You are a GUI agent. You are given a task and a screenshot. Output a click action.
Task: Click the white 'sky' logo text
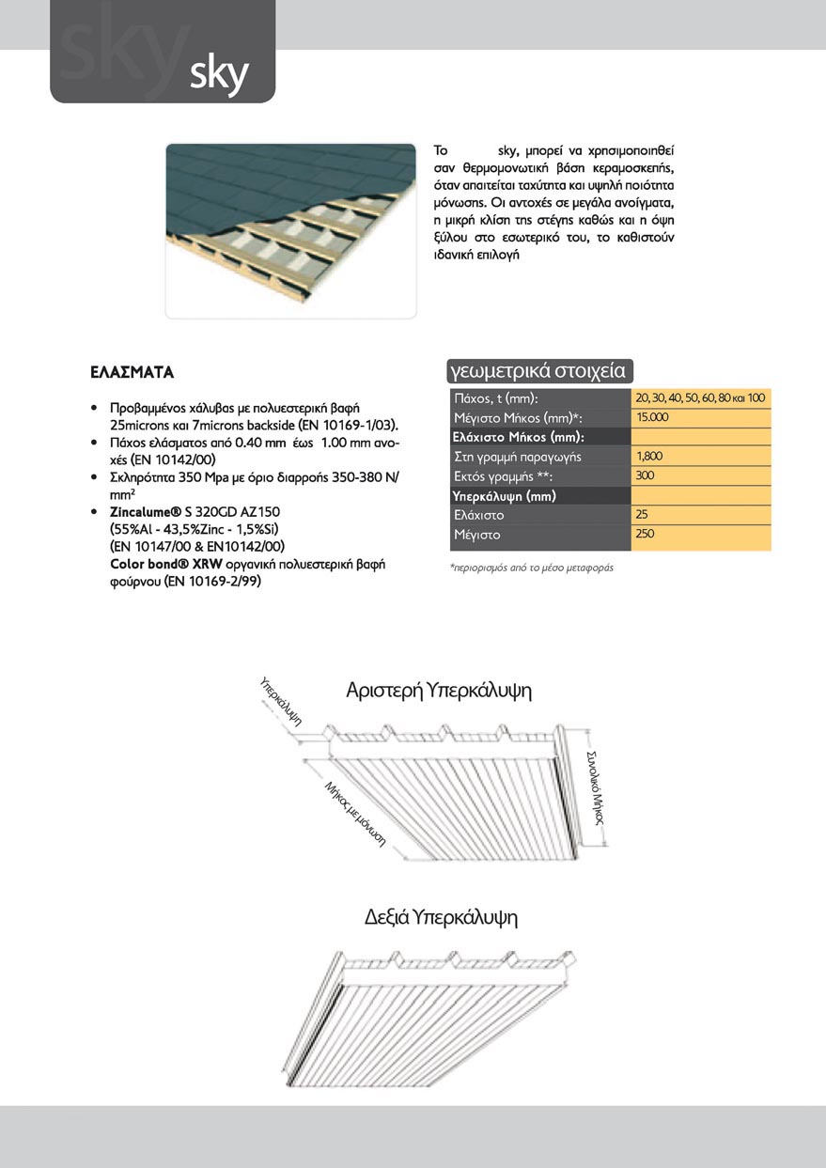click(218, 74)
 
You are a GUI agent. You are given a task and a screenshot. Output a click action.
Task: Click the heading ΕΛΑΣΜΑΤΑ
click(132, 372)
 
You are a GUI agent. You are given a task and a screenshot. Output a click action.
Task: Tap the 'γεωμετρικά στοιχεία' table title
click(538, 370)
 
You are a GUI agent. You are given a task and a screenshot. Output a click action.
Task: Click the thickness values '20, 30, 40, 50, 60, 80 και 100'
click(701, 397)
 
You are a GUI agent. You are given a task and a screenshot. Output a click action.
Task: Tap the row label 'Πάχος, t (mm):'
click(494, 398)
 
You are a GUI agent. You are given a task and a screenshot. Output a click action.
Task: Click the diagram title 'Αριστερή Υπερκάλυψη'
click(439, 692)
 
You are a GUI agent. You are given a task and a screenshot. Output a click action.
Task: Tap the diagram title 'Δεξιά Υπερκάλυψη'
click(442, 916)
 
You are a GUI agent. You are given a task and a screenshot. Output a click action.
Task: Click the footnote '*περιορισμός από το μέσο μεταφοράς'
click(531, 568)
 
